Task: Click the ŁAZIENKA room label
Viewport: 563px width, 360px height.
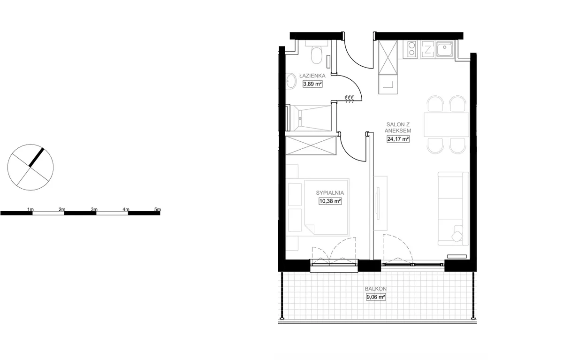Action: (312, 76)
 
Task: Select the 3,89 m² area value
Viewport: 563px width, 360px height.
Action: (312, 84)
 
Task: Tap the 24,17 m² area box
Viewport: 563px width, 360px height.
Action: (398, 139)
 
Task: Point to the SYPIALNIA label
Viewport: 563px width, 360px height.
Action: (330, 193)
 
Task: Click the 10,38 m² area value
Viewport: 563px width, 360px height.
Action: (330, 201)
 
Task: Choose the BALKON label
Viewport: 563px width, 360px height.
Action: (376, 289)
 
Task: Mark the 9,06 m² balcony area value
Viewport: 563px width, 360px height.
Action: (376, 297)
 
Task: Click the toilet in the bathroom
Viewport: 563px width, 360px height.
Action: (316, 53)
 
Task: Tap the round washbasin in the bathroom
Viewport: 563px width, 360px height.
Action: (291, 81)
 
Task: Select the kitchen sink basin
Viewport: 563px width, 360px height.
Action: (445, 49)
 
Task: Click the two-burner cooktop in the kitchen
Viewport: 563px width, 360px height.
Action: (412, 49)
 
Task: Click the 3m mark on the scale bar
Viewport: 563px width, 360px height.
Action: (94, 209)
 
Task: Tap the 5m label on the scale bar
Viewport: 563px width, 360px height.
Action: (158, 209)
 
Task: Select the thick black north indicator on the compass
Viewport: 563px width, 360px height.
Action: (37, 157)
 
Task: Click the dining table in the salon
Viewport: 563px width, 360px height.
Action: (446, 125)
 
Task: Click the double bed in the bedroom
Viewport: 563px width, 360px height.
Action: (326, 207)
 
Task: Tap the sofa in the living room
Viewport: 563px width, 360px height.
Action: (453, 209)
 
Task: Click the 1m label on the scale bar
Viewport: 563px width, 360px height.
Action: (30, 209)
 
